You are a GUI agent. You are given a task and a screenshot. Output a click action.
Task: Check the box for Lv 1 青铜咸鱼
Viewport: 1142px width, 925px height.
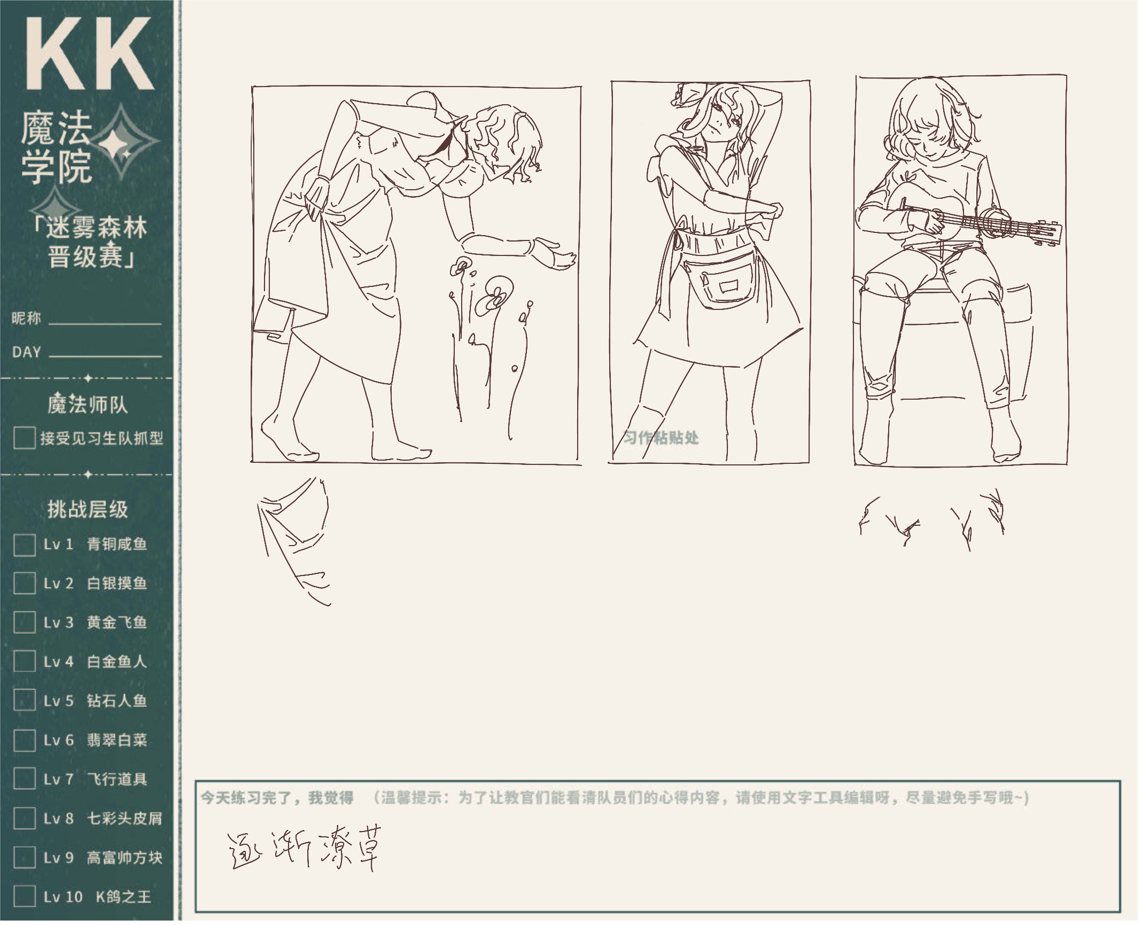point(24,545)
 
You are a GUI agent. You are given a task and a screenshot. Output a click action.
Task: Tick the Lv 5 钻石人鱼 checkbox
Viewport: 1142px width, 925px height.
point(24,701)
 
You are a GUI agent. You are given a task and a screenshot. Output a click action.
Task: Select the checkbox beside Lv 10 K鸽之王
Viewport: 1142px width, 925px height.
point(24,896)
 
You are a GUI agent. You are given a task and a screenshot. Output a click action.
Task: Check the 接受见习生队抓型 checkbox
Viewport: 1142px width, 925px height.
point(24,438)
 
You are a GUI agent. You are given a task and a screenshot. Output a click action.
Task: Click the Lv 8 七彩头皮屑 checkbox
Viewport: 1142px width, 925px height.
point(24,818)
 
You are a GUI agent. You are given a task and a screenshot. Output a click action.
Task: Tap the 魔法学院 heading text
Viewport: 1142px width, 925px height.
point(56,148)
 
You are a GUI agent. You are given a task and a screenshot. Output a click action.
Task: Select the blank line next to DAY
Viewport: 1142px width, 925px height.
point(105,355)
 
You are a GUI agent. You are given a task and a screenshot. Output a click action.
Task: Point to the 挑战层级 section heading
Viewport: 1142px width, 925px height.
point(88,509)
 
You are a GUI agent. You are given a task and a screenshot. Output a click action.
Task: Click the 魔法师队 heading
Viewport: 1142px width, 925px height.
point(88,405)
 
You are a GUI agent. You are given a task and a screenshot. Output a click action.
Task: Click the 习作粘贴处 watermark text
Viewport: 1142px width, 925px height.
point(661,438)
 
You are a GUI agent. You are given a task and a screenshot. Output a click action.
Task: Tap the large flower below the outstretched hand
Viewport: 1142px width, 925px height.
point(494,297)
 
